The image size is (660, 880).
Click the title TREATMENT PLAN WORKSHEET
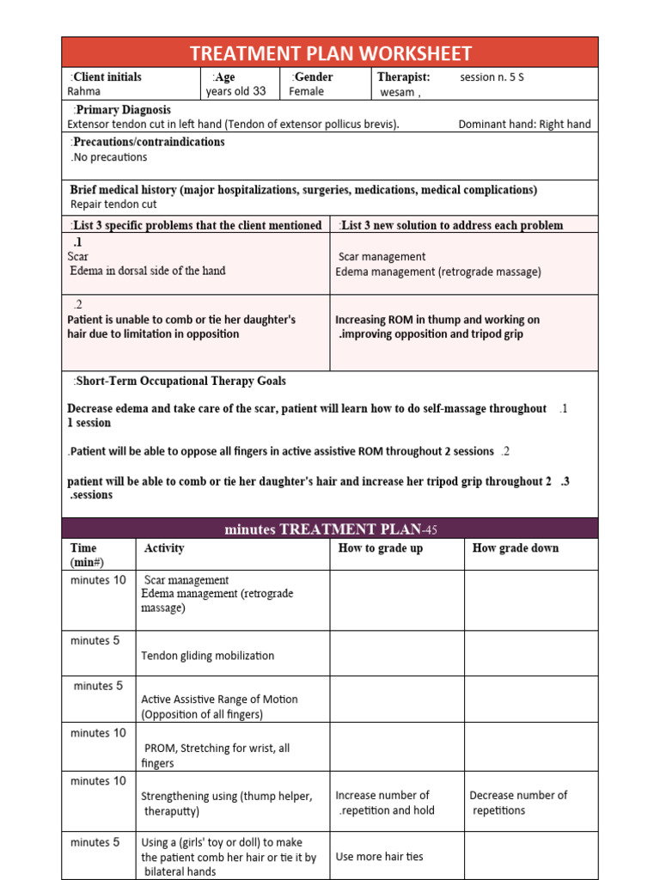point(330,53)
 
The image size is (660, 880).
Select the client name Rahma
point(84,91)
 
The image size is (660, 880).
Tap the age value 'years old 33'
point(235,91)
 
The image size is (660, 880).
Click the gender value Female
point(307,91)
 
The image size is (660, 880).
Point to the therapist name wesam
point(400,93)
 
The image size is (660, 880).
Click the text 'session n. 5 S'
point(492,77)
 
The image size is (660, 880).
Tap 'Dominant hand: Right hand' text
point(524,124)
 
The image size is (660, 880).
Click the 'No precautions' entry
point(108,157)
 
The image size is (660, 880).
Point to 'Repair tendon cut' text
point(113,205)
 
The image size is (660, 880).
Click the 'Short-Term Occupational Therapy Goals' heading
point(179,381)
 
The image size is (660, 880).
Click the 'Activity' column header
point(163,548)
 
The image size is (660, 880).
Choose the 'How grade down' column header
point(515,548)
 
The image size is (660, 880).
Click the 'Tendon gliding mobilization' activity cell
point(207,656)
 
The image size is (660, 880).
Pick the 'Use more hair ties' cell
point(379,857)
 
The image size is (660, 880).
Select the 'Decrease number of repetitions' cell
point(518,803)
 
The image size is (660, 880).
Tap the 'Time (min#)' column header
point(87,555)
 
